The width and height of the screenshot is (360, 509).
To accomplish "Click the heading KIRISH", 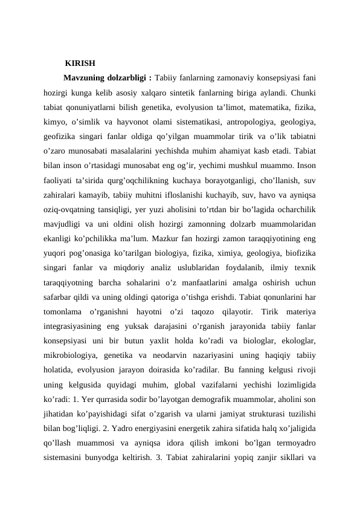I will (x=80, y=63).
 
